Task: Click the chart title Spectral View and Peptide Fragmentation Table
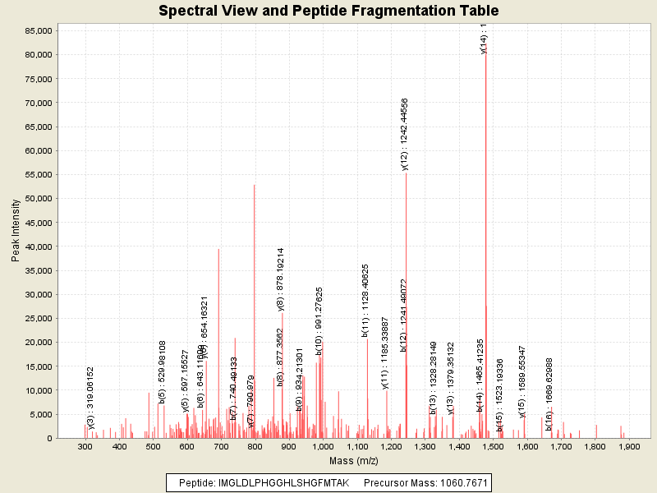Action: [x=328, y=11]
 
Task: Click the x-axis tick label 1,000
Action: [x=323, y=446]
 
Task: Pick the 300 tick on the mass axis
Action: [x=85, y=446]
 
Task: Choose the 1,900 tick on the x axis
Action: [x=629, y=446]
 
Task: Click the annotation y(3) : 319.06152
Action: [x=90, y=398]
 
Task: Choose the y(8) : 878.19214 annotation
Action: [x=281, y=280]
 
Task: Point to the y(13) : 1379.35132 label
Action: [x=450, y=379]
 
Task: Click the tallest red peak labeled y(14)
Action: [x=485, y=246]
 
